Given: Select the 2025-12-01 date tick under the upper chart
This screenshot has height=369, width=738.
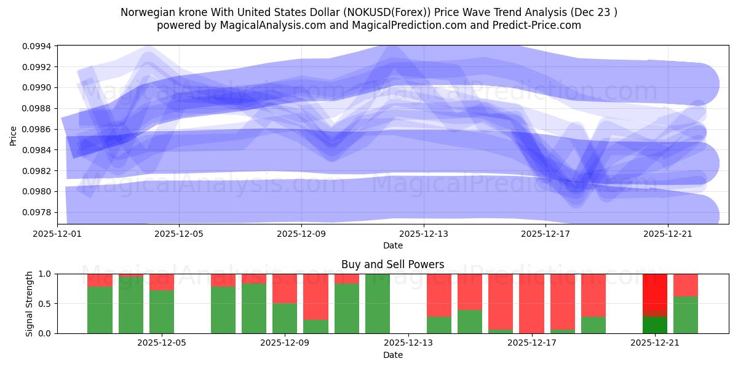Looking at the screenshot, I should [x=57, y=234].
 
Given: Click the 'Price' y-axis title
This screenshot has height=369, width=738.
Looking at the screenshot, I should [x=14, y=135].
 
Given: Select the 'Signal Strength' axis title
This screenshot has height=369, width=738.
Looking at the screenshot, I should [x=29, y=303].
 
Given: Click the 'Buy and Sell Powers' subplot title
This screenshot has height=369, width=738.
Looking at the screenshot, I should [x=392, y=265].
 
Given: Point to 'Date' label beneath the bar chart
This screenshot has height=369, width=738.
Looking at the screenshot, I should [x=392, y=355].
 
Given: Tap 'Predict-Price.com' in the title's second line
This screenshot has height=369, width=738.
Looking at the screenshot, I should [x=541, y=25].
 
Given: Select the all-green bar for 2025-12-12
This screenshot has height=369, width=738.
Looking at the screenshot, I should [x=378, y=303].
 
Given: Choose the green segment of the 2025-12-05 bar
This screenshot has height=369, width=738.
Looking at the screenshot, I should [x=162, y=312].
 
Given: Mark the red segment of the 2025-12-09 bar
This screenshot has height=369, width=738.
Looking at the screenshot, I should [x=285, y=288].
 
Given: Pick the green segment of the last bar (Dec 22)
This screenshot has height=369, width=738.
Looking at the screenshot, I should [x=686, y=315].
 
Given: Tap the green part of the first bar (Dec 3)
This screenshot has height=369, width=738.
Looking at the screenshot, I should [x=100, y=310].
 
